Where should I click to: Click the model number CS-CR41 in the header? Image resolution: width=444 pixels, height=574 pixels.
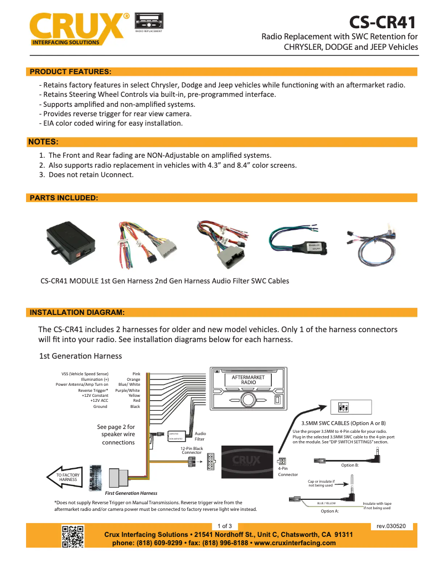(x=382, y=22)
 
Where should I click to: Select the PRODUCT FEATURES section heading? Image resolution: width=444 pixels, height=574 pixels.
(x=70, y=71)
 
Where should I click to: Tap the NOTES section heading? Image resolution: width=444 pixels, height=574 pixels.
(x=43, y=142)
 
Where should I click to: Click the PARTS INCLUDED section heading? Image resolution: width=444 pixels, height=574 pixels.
(x=64, y=198)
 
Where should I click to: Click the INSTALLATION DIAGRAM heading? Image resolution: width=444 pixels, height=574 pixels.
(x=77, y=312)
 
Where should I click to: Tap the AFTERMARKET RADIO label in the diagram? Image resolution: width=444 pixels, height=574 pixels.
(x=248, y=380)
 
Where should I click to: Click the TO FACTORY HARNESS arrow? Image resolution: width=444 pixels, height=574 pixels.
(x=67, y=477)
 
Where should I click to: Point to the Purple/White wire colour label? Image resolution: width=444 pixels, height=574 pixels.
(x=127, y=390)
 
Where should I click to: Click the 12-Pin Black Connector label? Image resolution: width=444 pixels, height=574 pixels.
(x=192, y=450)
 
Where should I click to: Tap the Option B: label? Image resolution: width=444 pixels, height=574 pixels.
(x=350, y=465)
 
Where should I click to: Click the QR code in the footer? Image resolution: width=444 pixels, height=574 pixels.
(x=73, y=536)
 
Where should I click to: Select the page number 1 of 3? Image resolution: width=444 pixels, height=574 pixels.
(x=224, y=525)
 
